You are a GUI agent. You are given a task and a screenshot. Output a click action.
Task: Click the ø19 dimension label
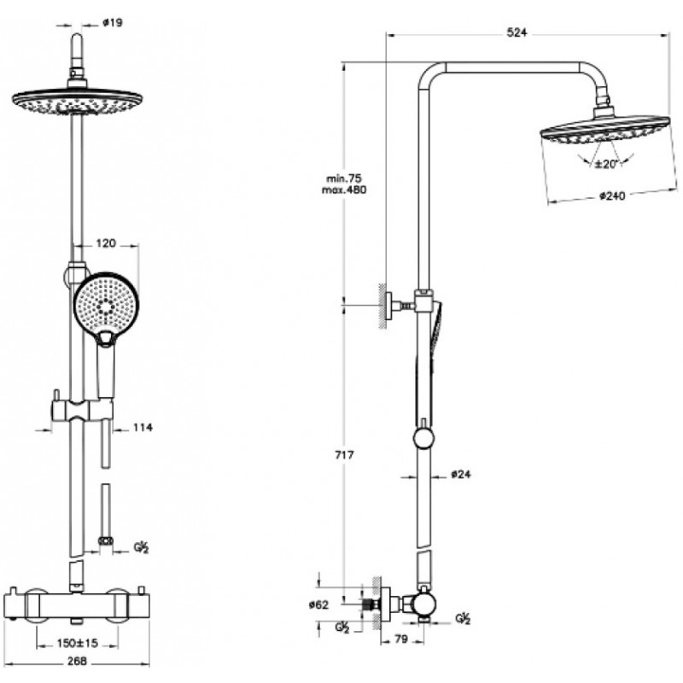tap(113, 22)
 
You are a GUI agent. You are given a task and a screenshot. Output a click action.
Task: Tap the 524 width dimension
tap(517, 32)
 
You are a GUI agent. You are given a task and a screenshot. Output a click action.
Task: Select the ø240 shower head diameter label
tap(612, 196)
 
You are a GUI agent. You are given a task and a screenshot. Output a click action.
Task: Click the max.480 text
tap(344, 190)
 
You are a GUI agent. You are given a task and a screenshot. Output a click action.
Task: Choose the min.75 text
tap(344, 178)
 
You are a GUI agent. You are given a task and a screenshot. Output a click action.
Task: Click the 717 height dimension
tap(345, 455)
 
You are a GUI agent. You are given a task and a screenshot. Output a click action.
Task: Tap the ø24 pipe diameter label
tap(461, 475)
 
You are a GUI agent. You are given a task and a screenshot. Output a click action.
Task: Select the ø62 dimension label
tap(318, 604)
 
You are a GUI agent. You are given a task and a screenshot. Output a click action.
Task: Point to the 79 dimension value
tap(400, 639)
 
